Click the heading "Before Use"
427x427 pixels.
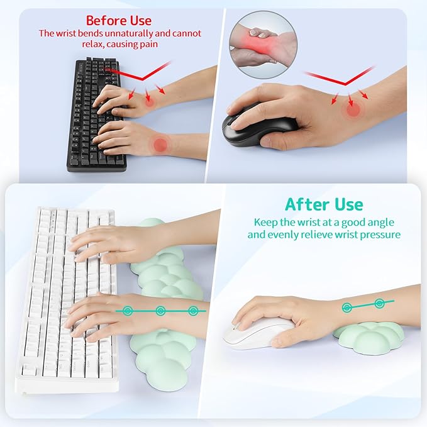118,20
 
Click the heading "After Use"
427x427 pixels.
323,204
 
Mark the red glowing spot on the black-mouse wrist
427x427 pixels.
354,109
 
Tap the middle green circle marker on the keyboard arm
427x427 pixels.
160,310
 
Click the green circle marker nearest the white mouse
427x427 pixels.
347,308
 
